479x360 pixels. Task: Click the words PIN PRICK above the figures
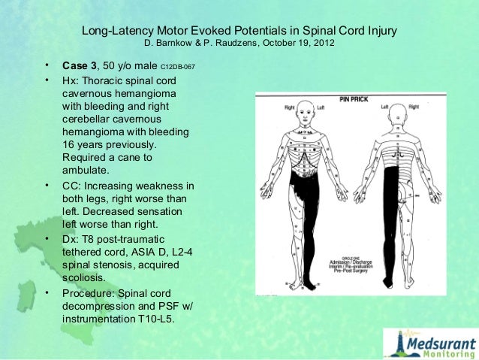click(x=353, y=98)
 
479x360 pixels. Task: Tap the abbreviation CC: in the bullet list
click(x=71, y=186)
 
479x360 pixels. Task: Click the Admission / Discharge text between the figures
click(x=348, y=260)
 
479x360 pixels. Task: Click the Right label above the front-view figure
click(x=290, y=107)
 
